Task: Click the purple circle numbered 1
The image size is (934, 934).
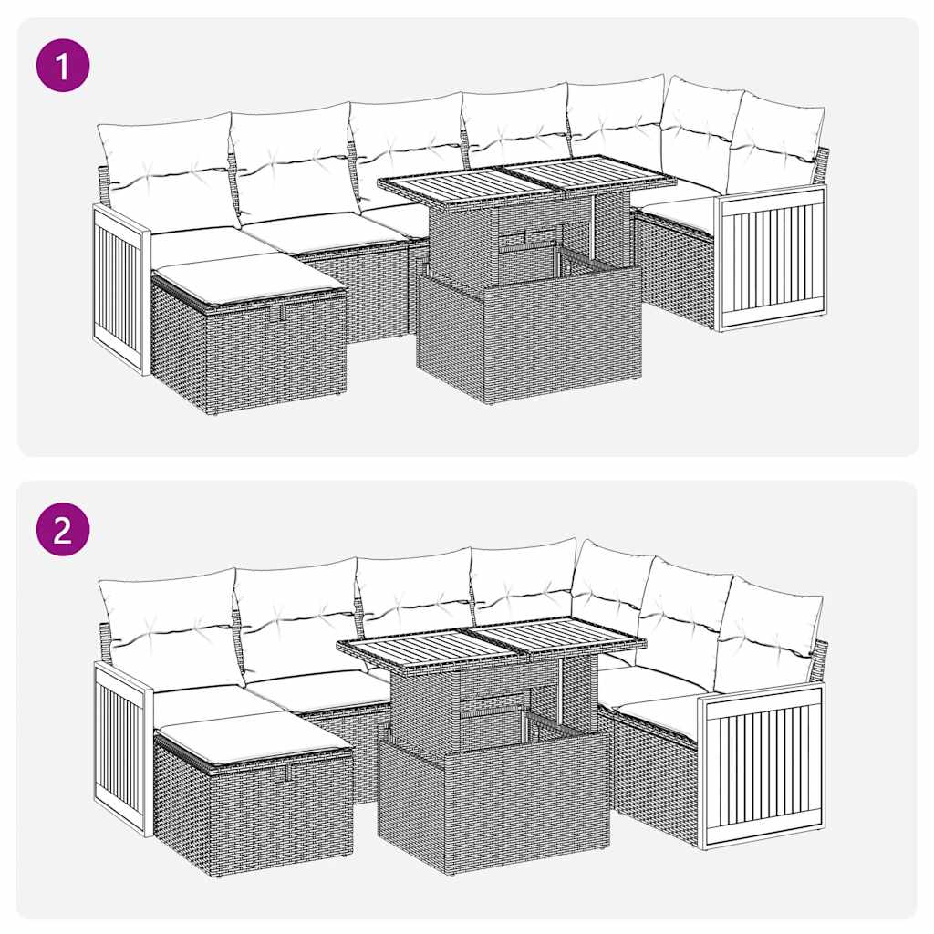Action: pyautogui.click(x=63, y=66)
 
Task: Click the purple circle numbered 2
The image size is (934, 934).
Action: pyautogui.click(x=63, y=530)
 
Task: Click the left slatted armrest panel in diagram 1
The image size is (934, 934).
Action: pyautogui.click(x=119, y=288)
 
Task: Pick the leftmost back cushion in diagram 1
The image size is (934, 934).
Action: pyautogui.click(x=168, y=169)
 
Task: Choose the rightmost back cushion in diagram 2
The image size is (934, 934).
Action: pyautogui.click(x=768, y=635)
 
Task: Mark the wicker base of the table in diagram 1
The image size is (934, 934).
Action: pyautogui.click(x=528, y=334)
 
